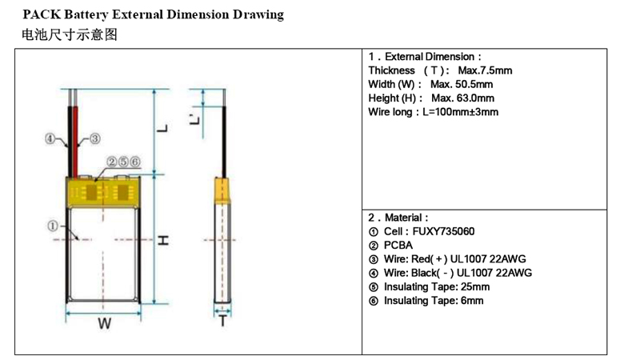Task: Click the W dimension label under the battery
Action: point(105,323)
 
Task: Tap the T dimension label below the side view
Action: point(223,321)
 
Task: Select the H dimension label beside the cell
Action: point(163,240)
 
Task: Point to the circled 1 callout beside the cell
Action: point(53,226)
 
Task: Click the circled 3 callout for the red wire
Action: point(94,139)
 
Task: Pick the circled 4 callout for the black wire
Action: point(50,139)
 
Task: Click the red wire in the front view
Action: point(75,142)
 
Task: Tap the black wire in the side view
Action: point(224,142)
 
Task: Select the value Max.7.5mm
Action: point(485,70)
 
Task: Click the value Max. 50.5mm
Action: point(462,84)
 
